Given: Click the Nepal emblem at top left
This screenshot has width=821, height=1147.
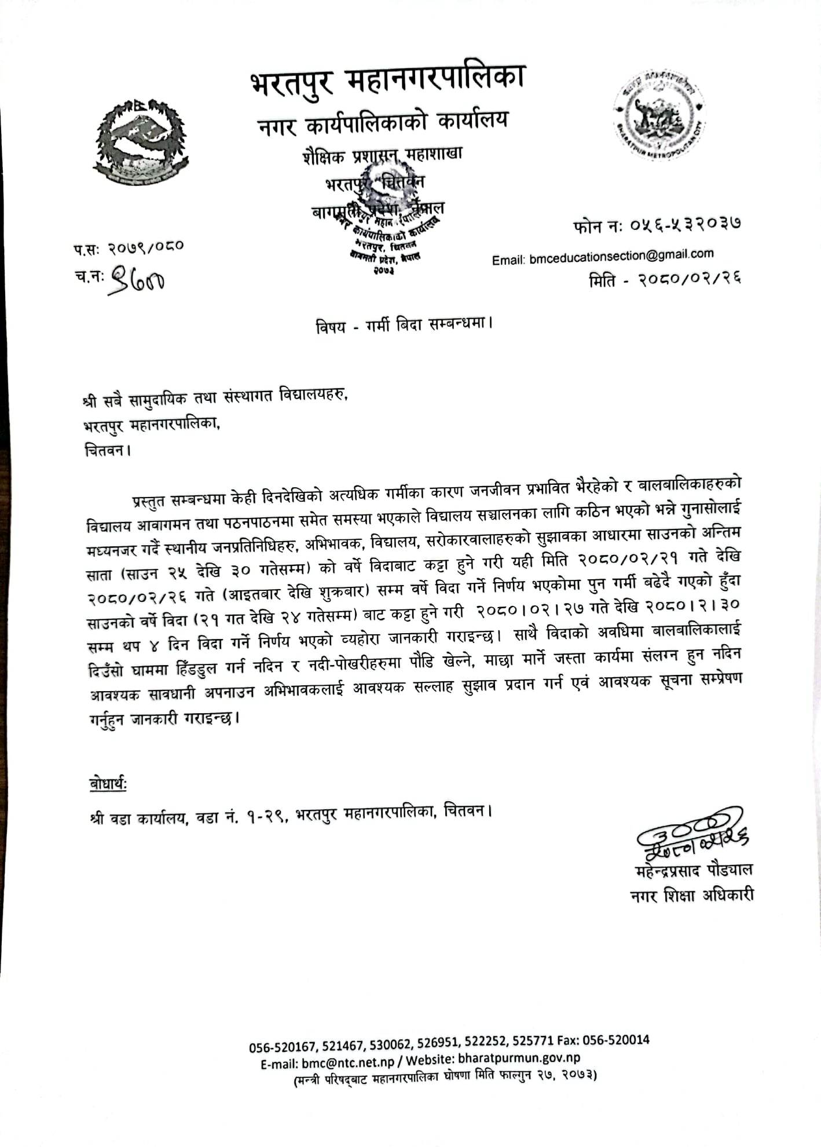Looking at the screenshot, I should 141,142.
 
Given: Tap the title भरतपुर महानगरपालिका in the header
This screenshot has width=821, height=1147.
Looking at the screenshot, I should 388,81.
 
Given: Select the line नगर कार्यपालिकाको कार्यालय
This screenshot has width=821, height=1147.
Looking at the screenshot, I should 383,122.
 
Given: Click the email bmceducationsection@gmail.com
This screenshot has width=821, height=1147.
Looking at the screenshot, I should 621,255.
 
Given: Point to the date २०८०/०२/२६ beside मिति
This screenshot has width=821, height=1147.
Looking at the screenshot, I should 690,280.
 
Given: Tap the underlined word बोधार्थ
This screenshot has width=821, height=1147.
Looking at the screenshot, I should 108,784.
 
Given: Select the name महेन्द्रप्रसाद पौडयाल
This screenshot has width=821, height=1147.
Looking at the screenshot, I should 694,871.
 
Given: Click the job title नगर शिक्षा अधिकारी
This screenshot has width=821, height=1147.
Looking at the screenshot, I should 692,896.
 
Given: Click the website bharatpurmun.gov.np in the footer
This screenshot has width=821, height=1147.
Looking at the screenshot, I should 519,1057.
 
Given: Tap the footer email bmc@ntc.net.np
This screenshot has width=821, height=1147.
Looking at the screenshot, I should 347,1062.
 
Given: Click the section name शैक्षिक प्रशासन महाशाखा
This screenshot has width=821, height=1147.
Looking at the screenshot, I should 382,156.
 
